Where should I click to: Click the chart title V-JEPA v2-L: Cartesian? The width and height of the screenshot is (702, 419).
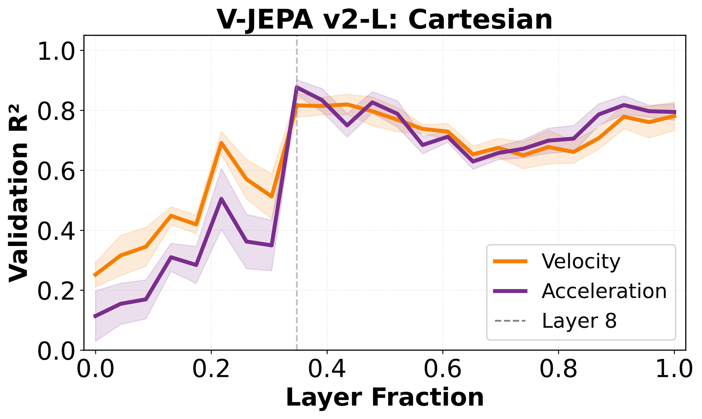coord(384,19)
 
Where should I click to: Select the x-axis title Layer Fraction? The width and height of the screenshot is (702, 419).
coord(385,398)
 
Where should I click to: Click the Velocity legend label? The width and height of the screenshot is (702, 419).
coord(581,261)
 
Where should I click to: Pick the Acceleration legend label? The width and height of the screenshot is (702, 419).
coord(604,291)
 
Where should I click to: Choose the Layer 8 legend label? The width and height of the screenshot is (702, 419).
coord(579,321)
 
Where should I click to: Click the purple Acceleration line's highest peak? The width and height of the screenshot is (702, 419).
coord(297,87)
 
